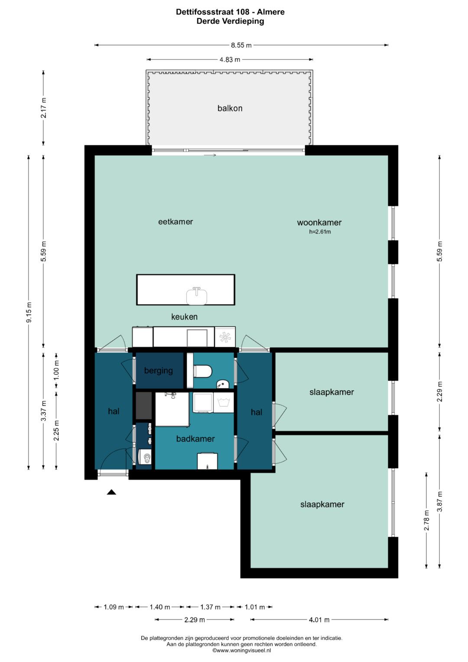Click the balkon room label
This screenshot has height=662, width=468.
tap(230, 108)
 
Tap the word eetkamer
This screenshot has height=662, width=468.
tap(175, 222)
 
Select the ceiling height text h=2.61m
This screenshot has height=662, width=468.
tap(320, 232)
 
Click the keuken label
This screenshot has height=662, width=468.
tap(184, 317)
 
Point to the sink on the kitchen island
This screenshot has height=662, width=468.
tap(197, 296)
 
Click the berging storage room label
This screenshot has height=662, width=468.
tap(158, 371)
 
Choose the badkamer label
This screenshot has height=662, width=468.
tap(195, 439)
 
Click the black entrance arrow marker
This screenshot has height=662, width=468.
tap(111, 492)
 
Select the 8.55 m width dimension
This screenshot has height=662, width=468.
tap(241, 45)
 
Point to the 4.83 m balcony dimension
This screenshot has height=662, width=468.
tap(230, 60)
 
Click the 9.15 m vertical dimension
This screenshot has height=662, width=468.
tap(29, 313)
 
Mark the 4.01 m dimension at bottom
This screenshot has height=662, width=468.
tap(319, 620)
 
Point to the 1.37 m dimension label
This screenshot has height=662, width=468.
tap(210, 607)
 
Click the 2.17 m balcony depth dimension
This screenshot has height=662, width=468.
tap(43, 108)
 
